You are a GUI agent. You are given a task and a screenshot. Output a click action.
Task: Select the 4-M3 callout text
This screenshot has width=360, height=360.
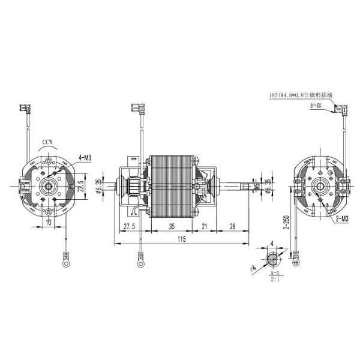(84, 158)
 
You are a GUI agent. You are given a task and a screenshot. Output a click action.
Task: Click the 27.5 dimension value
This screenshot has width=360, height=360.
(129, 226)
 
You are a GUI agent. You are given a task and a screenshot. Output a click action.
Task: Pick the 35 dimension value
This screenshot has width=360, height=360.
(172, 226)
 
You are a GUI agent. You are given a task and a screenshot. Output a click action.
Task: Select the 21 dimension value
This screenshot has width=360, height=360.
(204, 226)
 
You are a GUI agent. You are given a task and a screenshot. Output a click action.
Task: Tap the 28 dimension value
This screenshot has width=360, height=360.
(232, 226)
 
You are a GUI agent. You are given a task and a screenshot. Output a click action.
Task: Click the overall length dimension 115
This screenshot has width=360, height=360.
(181, 239)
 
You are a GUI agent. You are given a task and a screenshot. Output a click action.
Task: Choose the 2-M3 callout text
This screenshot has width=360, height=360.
(343, 219)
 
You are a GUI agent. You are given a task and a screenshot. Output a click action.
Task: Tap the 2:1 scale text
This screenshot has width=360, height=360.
(273, 279)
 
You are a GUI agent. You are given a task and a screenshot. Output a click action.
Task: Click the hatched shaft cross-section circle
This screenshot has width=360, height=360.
(273, 258)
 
